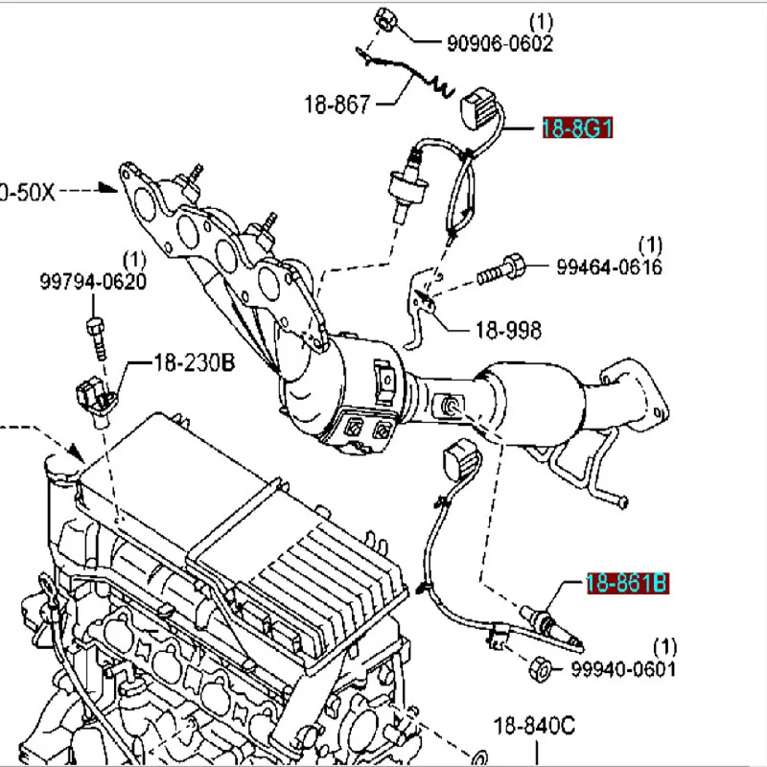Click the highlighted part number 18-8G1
(577, 128)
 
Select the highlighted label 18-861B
(628, 582)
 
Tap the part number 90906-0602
(500, 43)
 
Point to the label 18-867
(337, 105)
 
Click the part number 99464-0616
(609, 267)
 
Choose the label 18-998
(507, 331)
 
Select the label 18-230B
(195, 363)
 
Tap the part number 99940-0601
(623, 667)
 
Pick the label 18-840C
(534, 726)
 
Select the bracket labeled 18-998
(420, 307)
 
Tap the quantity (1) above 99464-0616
(651, 244)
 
